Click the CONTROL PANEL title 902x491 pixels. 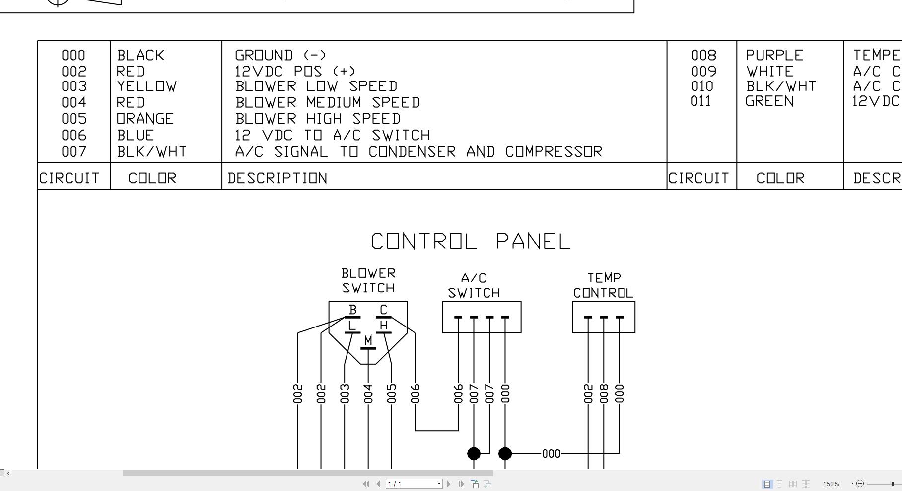coord(471,242)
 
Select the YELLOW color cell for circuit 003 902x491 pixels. coord(146,86)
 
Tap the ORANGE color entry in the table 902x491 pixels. coord(145,119)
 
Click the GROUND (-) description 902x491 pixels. coord(280,55)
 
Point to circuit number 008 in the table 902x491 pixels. coord(703,55)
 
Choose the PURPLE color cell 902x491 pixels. coord(774,55)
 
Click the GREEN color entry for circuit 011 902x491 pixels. coord(769,101)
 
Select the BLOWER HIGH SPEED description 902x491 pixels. coord(318,119)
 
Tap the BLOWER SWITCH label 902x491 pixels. coord(368,281)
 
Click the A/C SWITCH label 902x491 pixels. coord(474,285)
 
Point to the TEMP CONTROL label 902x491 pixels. coord(603,285)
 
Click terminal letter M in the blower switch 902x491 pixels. coord(368,340)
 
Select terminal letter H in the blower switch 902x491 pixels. coord(383,326)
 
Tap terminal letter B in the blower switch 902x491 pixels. coord(352,310)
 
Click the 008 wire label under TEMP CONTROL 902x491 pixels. coord(604,393)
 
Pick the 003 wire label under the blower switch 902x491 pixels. coord(345,393)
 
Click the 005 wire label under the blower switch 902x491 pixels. coord(391,393)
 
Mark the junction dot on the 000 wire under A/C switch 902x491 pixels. coord(505,453)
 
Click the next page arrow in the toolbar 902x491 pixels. coord(449,484)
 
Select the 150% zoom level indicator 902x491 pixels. coord(831,484)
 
